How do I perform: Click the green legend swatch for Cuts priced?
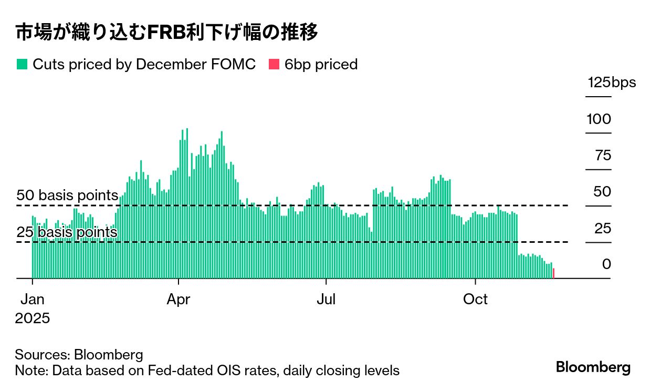click(22, 65)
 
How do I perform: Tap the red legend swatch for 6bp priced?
click(274, 65)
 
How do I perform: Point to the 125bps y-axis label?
click(611, 83)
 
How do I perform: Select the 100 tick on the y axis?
click(598, 119)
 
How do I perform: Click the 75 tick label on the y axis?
click(603, 156)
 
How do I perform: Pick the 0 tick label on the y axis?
click(606, 264)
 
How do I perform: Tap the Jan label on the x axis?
click(33, 300)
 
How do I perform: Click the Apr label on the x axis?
click(178, 300)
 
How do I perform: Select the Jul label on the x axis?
click(326, 300)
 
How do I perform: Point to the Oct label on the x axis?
click(475, 300)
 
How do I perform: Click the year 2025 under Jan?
click(33, 318)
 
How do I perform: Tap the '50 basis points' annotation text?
click(67, 195)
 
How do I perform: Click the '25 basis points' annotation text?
click(67, 232)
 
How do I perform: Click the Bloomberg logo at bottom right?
click(593, 367)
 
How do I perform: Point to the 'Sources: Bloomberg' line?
click(79, 354)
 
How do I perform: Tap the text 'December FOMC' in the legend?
click(196, 65)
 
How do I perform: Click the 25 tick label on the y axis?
click(603, 228)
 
